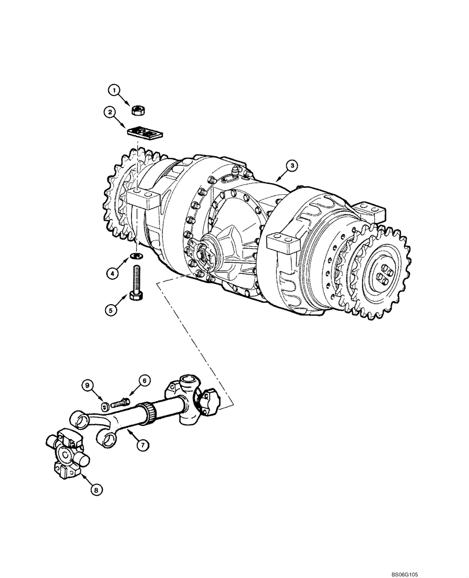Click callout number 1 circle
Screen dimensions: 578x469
point(114,90)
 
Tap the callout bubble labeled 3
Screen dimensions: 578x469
point(293,166)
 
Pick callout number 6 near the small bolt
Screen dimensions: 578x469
point(145,380)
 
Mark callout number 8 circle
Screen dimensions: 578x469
point(96,490)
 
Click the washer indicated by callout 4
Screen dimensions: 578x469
point(137,255)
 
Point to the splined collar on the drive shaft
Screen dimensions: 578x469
point(151,412)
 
